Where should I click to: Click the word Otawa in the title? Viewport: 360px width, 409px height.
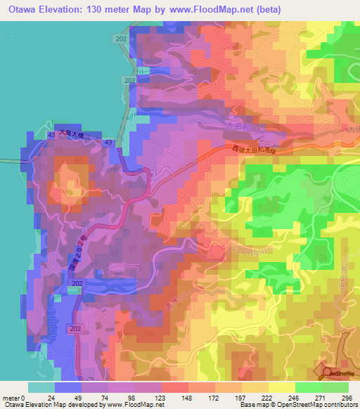[21, 9]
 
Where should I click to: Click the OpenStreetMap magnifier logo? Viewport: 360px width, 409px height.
[327, 373]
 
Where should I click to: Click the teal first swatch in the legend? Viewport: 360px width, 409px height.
[41, 387]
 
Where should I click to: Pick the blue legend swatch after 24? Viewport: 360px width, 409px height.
[68, 387]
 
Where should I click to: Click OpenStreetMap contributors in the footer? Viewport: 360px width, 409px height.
[322, 405]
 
